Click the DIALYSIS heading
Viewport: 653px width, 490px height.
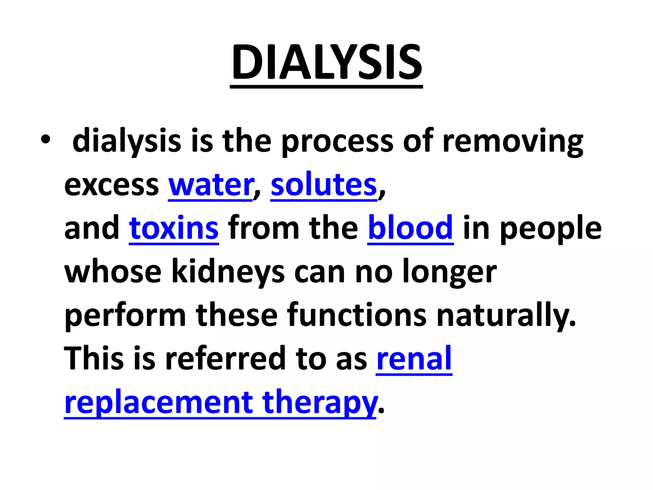(326, 62)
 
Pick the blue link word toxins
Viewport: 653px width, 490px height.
(174, 228)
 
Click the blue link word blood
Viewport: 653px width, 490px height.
(410, 228)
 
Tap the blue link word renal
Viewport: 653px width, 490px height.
(414, 359)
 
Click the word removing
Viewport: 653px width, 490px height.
(513, 142)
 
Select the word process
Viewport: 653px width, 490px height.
(337, 142)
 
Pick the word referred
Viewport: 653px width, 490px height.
(225, 359)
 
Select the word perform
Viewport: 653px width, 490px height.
(125, 316)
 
